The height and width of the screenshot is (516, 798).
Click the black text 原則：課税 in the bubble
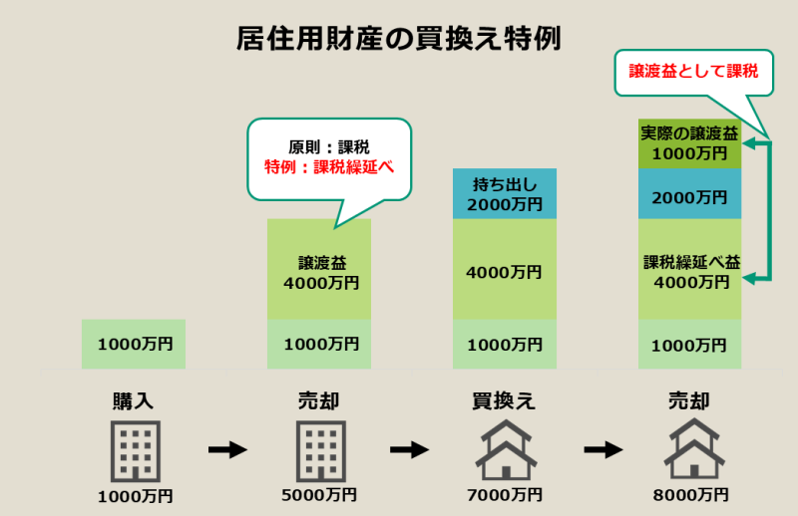click(329, 146)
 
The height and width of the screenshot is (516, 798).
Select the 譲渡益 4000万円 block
click(319, 270)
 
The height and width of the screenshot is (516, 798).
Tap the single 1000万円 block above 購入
click(134, 344)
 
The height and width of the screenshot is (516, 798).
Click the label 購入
click(133, 402)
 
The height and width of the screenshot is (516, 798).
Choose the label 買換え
click(504, 402)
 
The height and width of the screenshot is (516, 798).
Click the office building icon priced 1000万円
click(133, 449)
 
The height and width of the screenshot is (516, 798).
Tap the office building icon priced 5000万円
click(319, 449)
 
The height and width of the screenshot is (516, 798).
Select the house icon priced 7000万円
click(504, 449)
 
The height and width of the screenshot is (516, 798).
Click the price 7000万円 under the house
click(504, 495)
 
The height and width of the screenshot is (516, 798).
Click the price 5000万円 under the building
click(319, 495)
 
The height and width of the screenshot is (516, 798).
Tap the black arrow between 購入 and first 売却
click(227, 450)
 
